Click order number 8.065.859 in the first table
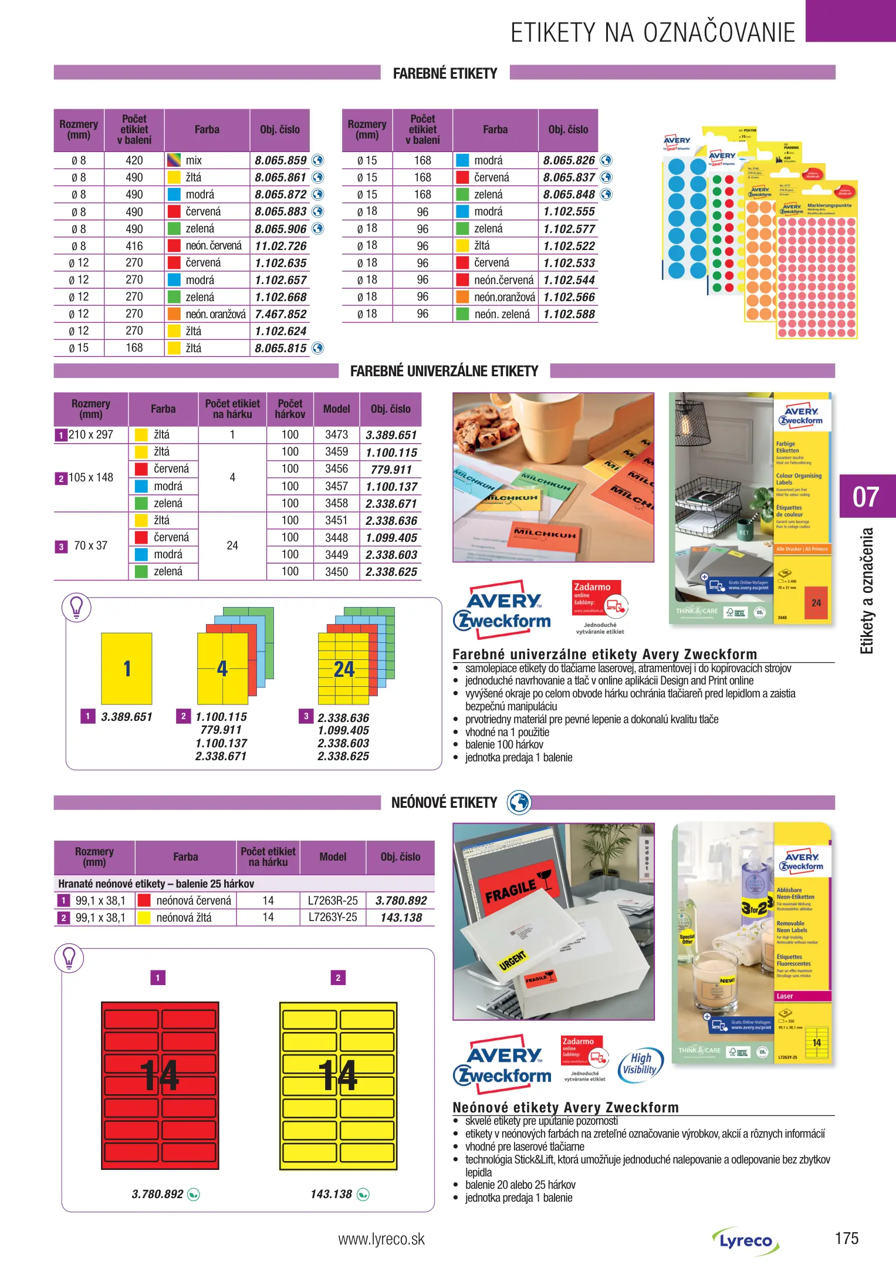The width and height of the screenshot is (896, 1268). point(280,160)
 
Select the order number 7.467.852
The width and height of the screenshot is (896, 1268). point(280,314)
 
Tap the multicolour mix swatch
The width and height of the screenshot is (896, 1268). point(174,160)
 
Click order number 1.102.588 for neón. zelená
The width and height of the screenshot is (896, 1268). point(569,314)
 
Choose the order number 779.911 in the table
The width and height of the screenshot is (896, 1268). point(391,470)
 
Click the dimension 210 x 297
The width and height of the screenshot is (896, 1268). point(91,434)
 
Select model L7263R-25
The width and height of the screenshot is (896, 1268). point(333,901)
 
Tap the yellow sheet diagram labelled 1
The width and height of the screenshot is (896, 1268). point(127,669)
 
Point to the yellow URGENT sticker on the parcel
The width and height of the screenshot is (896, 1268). point(512,961)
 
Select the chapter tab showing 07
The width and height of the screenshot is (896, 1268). point(867,497)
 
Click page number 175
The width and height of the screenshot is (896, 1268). point(846,1238)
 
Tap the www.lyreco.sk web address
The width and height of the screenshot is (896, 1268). point(381,1239)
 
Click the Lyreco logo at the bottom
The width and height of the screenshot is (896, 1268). point(745,1241)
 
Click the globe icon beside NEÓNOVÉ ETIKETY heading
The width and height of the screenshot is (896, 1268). point(519,802)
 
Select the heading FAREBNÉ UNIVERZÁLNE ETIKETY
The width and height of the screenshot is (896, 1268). point(444,371)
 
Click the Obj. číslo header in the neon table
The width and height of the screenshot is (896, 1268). point(400,856)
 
